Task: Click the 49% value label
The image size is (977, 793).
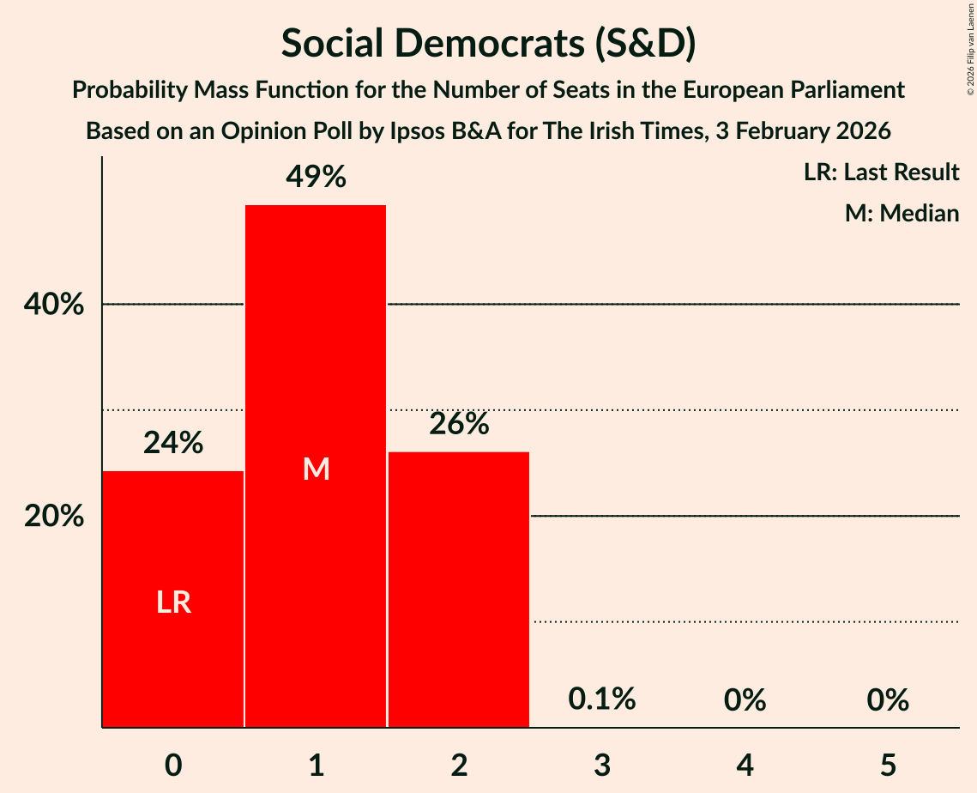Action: (317, 177)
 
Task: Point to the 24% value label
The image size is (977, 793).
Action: (173, 443)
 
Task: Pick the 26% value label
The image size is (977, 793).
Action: (459, 423)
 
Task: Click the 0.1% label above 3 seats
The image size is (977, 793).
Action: (602, 699)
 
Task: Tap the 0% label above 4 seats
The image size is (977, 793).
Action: (745, 700)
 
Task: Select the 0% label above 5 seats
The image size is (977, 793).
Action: (888, 700)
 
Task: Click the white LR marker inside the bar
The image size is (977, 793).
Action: (173, 602)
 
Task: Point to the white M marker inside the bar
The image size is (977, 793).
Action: (317, 469)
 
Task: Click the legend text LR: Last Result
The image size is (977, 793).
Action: (881, 173)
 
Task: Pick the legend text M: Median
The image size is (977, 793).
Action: (902, 213)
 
